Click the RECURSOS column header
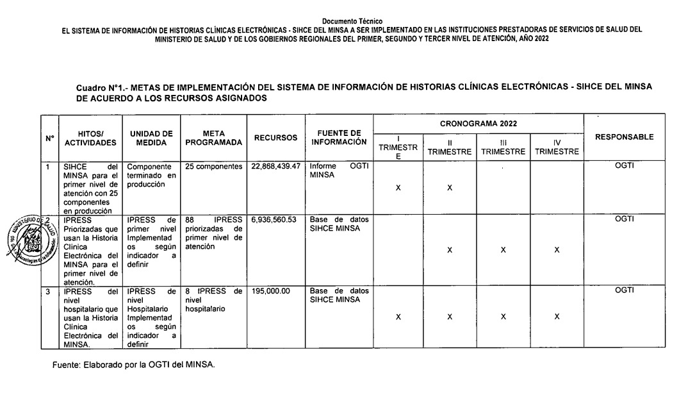click(x=275, y=138)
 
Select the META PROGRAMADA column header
click(x=213, y=138)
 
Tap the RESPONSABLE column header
click(x=624, y=137)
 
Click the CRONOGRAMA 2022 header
click(x=479, y=123)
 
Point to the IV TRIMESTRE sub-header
click(x=557, y=147)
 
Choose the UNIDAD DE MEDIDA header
click(x=151, y=138)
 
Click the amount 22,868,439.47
click(x=276, y=166)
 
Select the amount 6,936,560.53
click(x=274, y=219)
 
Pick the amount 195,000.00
click(x=270, y=290)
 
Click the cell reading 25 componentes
click(x=213, y=166)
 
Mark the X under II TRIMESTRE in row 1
click(x=450, y=188)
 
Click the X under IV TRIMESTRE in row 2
click(x=557, y=250)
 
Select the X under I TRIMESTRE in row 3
click(x=398, y=317)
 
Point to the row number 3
click(x=47, y=290)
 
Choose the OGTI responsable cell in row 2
click(x=624, y=219)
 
